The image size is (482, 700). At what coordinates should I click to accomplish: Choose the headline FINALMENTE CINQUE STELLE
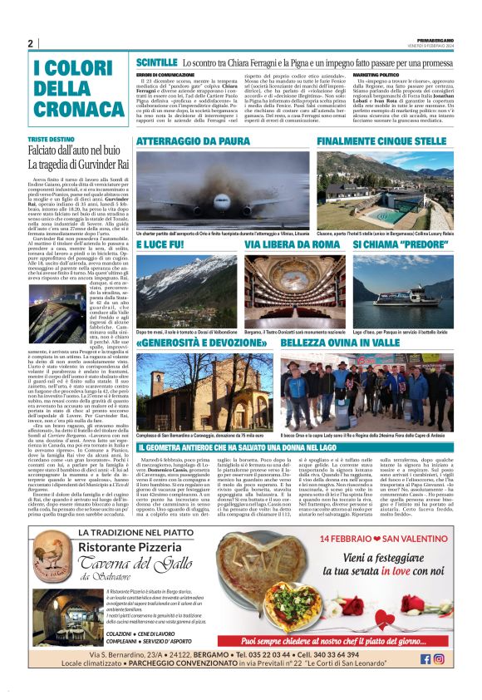pyautogui.click(x=382, y=142)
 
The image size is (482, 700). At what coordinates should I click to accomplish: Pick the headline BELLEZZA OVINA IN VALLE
pyautogui.click(x=332, y=343)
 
